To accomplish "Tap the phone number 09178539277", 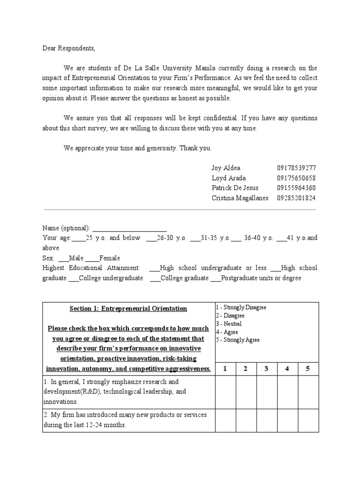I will [x=296, y=168].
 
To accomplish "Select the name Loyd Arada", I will [x=228, y=178].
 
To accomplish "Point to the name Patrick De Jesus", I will [x=235, y=187].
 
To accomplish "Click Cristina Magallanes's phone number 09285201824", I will [x=296, y=198].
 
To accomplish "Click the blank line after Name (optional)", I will [x=129, y=229].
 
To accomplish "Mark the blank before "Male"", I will [x=63, y=259].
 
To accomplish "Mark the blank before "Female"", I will [x=92, y=259].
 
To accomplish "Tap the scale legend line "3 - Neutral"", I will [x=229, y=324].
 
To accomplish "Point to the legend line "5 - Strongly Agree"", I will [x=237, y=340].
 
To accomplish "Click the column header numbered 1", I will [x=225, y=368].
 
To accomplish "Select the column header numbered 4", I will [x=287, y=368].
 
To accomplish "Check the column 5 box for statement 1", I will [x=308, y=391].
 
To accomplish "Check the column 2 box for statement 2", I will [x=246, y=420].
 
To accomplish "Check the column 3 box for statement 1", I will [x=266, y=391].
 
